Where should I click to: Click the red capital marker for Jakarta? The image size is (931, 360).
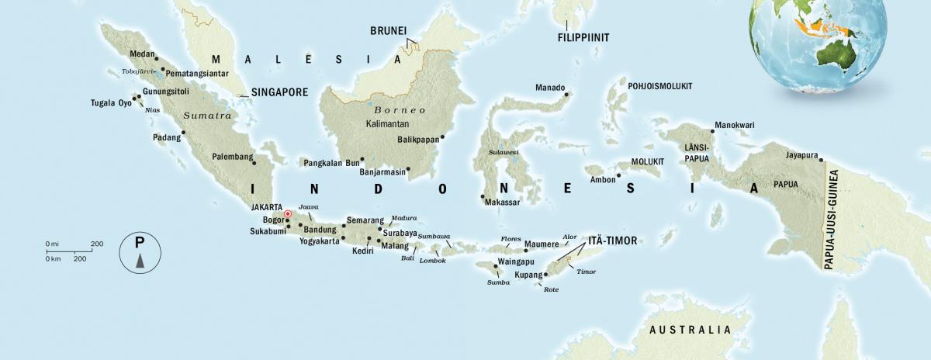point(288,214)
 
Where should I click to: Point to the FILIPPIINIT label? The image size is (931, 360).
point(583,37)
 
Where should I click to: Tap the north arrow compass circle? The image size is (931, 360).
point(140,252)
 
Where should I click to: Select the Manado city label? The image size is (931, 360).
point(550,88)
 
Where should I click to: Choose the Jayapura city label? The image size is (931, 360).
point(802,154)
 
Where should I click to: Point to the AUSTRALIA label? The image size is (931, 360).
point(690,330)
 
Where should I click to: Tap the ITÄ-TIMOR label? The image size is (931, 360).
point(611,241)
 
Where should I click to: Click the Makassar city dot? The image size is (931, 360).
point(483,196)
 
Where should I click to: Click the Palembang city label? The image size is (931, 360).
point(233,157)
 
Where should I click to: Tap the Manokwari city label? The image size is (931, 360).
point(735,124)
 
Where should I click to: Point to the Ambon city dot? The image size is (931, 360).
point(618,175)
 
